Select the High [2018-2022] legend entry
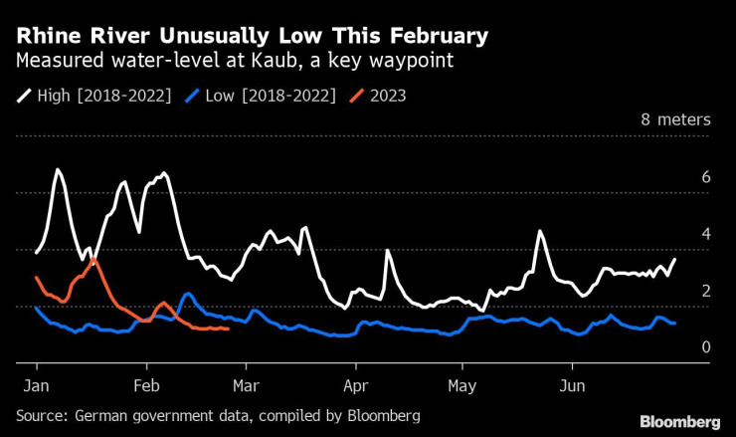coord(94,96)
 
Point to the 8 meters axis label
coord(675,119)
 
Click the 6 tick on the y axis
coord(705,176)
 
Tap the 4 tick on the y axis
coord(705,234)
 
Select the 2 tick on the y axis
coord(705,291)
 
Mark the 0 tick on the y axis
coord(705,347)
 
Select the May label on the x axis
coord(462,384)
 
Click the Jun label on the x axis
coord(572,384)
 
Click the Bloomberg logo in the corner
coord(680,421)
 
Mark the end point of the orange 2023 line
coord(229,328)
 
